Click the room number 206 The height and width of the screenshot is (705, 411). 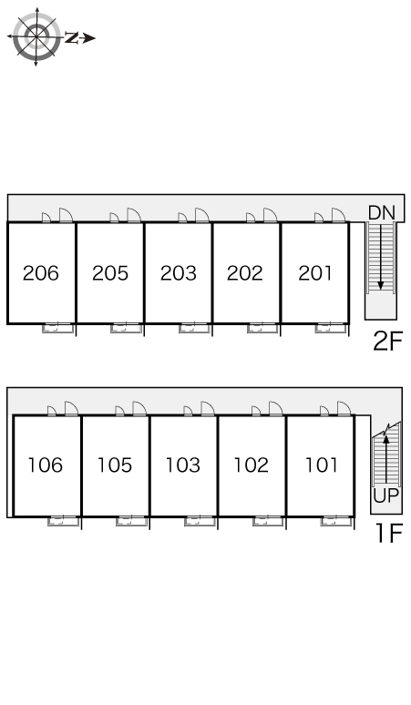40,273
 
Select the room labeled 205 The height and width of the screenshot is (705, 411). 110,273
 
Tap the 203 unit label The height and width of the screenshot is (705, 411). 179,273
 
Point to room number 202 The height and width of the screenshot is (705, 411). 244,273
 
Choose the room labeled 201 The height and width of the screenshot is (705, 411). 314,273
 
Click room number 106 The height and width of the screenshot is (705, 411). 45,465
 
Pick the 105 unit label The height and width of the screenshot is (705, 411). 115,465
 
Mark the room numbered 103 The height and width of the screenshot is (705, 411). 182,465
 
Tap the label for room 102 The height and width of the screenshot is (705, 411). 251,465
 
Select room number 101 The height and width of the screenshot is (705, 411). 321,465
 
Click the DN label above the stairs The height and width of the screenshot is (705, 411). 381,212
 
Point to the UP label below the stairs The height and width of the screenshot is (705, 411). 385,496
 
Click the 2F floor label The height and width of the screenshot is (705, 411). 387,341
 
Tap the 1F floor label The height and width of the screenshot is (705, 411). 389,533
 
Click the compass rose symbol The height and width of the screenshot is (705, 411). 36,36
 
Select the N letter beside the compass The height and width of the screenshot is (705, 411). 71,37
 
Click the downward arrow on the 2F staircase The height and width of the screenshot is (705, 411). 381,256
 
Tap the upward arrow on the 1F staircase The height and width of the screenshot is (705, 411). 385,458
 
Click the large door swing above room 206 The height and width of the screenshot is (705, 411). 67,215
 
